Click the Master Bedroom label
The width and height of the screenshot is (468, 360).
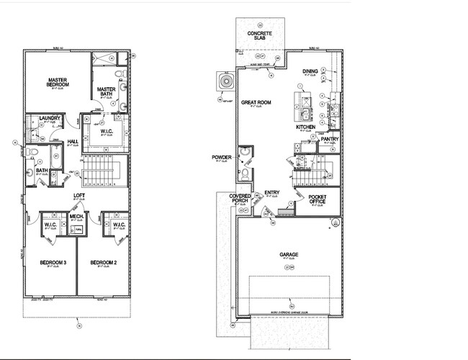tap(58, 82)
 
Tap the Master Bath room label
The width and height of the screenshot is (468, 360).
tap(106, 91)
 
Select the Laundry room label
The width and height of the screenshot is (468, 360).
tap(50, 118)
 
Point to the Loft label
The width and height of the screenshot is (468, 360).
tap(78, 195)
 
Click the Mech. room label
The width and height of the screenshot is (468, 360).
tap(77, 216)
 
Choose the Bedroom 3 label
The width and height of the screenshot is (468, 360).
tap(53, 263)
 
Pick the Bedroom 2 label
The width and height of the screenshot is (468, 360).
tap(103, 263)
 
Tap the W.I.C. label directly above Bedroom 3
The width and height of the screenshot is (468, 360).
tap(50, 225)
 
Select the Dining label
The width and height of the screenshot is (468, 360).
tap(310, 71)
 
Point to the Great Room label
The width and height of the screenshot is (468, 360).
tap(256, 103)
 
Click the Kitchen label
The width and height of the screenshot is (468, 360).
tap(306, 127)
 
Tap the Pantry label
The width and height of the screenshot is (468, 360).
tap(330, 139)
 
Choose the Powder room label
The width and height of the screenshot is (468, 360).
tap(222, 157)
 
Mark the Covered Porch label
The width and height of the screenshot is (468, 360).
tap(240, 199)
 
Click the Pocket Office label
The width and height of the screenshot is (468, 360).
tap(317, 199)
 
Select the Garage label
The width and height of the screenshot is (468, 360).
tap(289, 254)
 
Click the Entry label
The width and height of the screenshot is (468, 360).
tap(271, 192)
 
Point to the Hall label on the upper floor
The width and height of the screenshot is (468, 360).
tap(73, 141)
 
